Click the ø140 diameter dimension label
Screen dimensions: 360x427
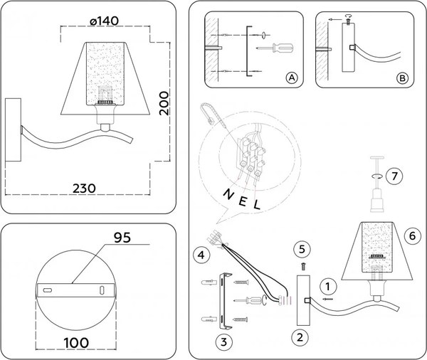pos(105,22)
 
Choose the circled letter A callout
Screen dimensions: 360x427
pos(290,78)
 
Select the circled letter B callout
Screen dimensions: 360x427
pos(402,78)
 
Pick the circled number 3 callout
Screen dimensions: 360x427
pos(224,341)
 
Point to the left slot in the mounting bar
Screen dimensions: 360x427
pos(48,291)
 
